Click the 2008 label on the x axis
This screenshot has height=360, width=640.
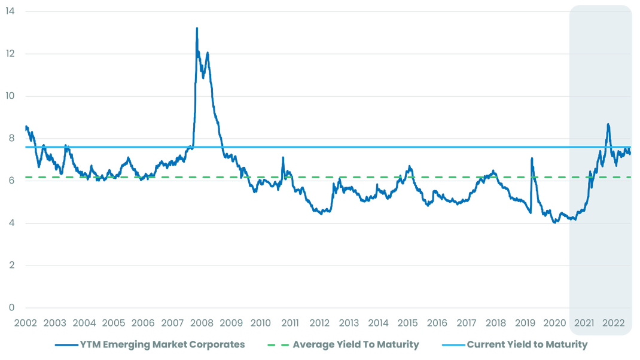click(202, 324)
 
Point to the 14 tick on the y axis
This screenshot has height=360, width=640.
click(10, 11)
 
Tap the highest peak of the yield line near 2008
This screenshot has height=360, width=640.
click(197, 28)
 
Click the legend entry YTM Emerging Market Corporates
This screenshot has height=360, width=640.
click(162, 344)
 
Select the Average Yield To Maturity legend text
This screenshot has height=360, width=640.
click(355, 344)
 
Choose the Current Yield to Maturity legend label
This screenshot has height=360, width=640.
click(527, 344)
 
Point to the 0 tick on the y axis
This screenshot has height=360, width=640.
click(11, 308)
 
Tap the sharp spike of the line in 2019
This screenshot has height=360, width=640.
click(532, 158)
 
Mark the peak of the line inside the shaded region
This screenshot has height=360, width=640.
click(608, 124)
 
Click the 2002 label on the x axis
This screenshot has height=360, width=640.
click(25, 324)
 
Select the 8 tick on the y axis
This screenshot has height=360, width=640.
click(11, 139)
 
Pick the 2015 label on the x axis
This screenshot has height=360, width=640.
click(407, 324)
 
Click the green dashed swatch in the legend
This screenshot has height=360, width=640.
click(276, 345)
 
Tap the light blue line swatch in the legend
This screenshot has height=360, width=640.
click(453, 345)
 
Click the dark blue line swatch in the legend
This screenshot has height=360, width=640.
click(66, 345)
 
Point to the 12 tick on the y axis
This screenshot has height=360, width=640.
click(10, 54)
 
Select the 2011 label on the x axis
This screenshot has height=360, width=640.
click(290, 324)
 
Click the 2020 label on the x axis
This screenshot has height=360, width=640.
click(554, 324)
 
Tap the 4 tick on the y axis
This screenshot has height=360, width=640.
click(11, 224)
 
